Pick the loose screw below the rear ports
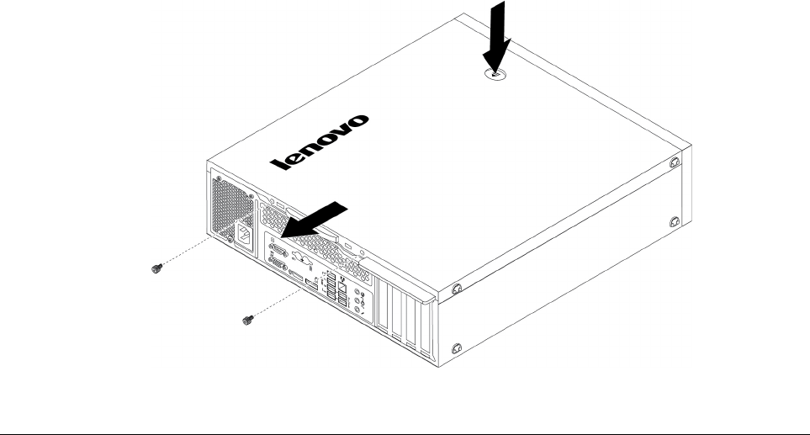pos(246,319)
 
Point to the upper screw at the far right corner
pos(675,161)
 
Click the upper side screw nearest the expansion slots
pos(457,289)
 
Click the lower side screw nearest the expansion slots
pos(457,347)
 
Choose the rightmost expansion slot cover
pos(424,330)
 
